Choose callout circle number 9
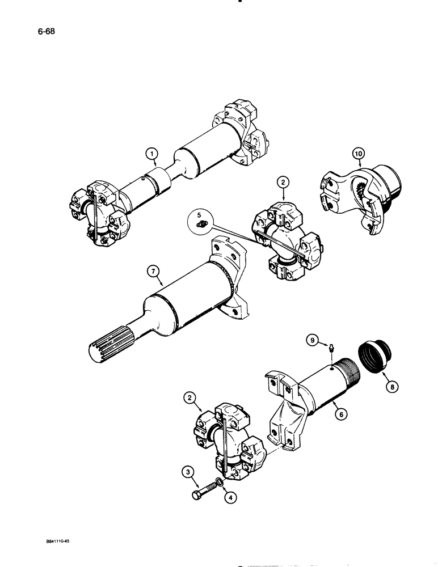[x=311, y=341]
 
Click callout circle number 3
[x=187, y=471]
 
